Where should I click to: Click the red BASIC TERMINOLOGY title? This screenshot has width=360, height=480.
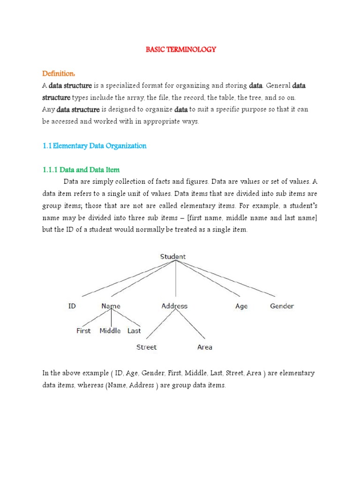180,50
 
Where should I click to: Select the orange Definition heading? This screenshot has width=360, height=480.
59,74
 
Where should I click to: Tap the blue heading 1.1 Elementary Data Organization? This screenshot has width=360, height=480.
94,146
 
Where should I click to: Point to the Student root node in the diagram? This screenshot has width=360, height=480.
173,256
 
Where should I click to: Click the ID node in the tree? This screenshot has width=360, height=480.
72,306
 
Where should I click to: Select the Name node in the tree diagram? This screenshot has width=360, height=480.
111,306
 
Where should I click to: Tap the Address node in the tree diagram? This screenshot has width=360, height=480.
174,306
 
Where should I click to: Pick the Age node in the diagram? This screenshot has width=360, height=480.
241,306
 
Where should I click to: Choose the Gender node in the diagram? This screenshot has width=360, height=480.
282,306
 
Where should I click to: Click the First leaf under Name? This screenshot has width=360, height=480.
83,330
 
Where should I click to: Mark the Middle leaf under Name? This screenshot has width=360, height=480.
111,330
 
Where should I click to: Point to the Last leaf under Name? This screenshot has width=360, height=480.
134,330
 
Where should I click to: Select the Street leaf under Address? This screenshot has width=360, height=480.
146,347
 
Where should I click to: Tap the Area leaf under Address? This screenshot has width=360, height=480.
205,347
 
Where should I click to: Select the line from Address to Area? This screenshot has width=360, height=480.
189,324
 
